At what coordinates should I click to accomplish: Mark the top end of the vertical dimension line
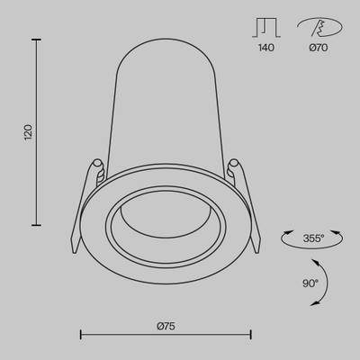36,39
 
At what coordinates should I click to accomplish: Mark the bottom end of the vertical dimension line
36,225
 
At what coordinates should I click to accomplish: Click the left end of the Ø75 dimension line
81,335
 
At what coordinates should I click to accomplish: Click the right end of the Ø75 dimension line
251,335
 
